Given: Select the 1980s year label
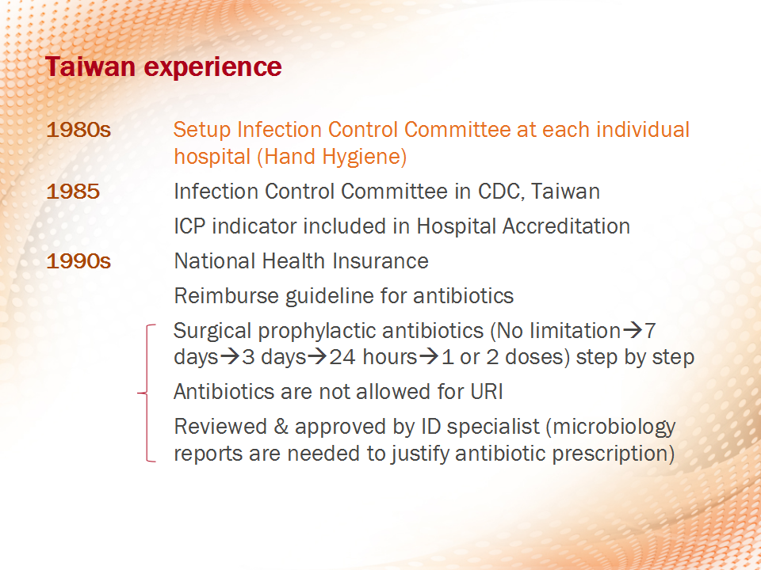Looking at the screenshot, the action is click(x=78, y=130).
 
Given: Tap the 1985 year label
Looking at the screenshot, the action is click(x=73, y=192).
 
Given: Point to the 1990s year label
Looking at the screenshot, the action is click(x=78, y=261).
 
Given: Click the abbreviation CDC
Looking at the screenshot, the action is click(x=501, y=192).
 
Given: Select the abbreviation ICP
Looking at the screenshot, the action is click(x=189, y=226).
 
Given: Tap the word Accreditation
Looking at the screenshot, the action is click(x=566, y=226).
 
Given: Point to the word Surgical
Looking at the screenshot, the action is click(x=212, y=332).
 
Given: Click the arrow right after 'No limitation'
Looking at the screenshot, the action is click(x=633, y=331).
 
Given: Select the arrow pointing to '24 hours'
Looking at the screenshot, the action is click(x=317, y=357).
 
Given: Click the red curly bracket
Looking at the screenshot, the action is click(x=147, y=393).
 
